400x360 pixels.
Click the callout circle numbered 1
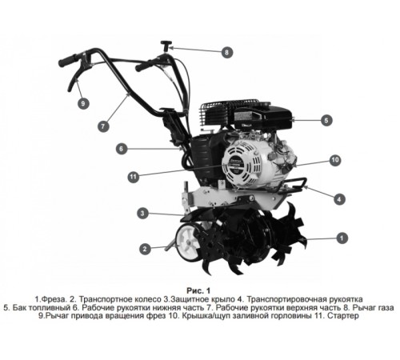pos(342,238)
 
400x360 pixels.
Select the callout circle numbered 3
pos(142,214)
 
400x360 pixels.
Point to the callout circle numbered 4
pos(340,198)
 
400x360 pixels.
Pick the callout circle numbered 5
pos(326,121)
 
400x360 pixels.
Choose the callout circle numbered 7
pos(104,126)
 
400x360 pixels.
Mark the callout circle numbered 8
pos(226,52)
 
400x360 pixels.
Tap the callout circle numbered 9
pos(82,103)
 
